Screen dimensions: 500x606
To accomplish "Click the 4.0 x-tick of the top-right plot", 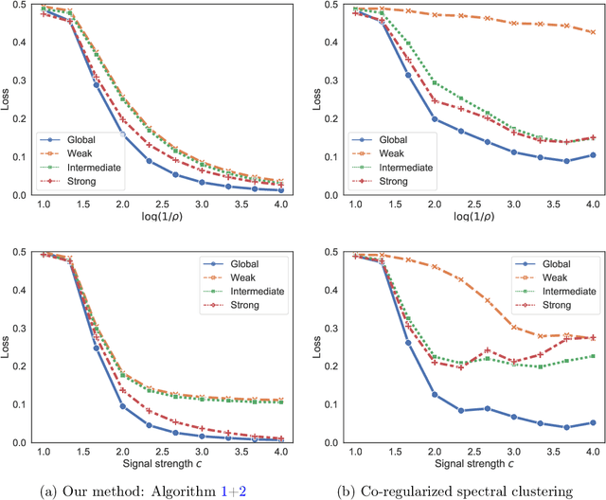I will pyautogui.click(x=592, y=205).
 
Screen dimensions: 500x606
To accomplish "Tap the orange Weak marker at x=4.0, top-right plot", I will pyautogui.click(x=592, y=32).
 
